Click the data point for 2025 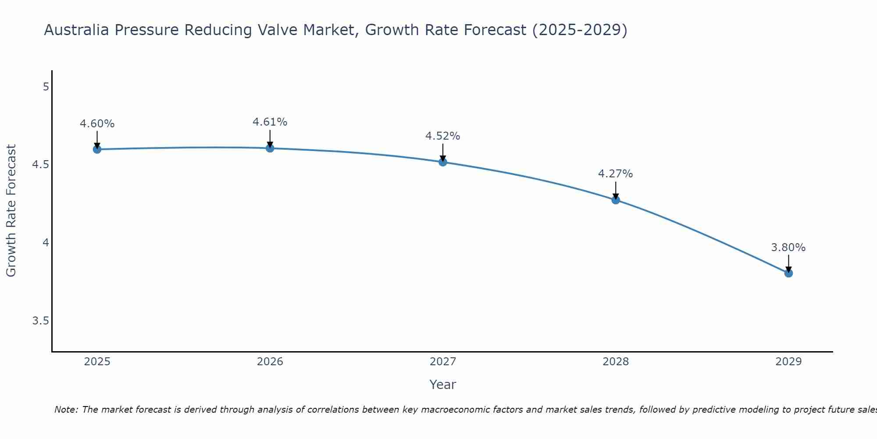coord(97,149)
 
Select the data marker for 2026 coord(270,148)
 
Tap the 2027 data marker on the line coord(442,162)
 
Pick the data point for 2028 coord(615,200)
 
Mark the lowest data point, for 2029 coord(788,273)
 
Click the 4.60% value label coord(97,124)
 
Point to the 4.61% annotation coord(270,122)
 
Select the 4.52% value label coord(442,136)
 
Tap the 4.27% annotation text coord(615,174)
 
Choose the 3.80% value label coord(788,248)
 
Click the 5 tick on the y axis coord(46,87)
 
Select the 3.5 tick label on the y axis coord(40,321)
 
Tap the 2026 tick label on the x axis coord(270,362)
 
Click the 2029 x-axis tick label coord(788,362)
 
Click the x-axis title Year coord(442,385)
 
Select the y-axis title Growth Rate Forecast coord(11,211)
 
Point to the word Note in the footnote coord(66,410)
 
